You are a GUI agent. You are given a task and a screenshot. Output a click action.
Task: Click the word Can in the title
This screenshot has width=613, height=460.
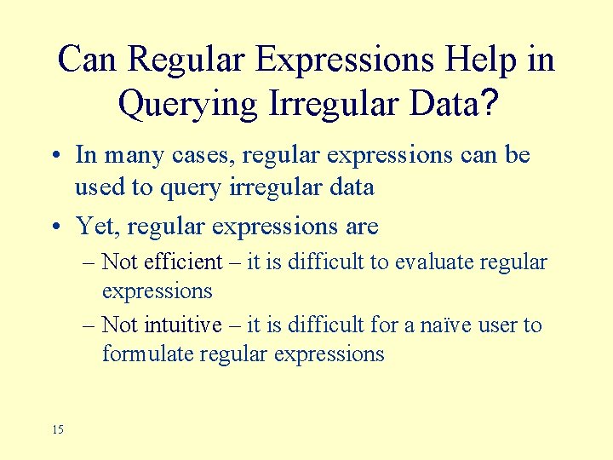(90, 60)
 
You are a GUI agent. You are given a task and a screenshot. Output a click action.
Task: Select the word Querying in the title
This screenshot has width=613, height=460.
(188, 104)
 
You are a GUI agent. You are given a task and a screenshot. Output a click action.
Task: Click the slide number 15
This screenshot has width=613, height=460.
(57, 429)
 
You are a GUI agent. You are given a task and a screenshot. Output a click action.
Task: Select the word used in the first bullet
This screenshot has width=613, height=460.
(98, 187)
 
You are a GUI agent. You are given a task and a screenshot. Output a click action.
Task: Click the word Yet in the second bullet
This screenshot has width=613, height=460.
(95, 226)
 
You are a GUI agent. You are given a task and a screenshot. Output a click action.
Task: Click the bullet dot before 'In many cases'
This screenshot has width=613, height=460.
(54, 157)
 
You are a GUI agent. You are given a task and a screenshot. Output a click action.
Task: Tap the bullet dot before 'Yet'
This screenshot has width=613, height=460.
(54, 227)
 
